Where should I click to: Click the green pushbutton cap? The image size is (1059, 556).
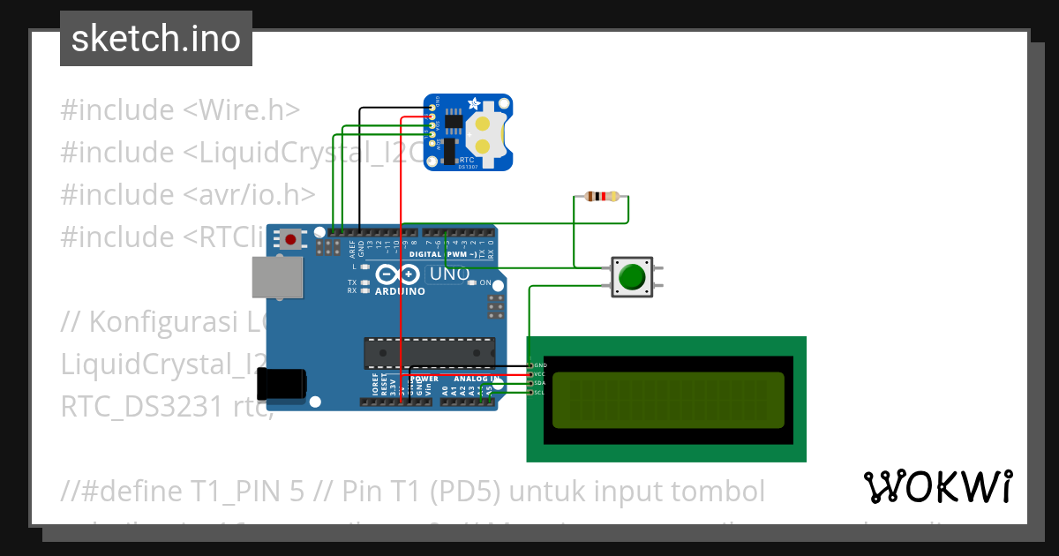coord(632,277)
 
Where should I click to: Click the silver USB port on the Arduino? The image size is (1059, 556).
coord(274,277)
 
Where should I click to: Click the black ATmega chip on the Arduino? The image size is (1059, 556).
coord(424,352)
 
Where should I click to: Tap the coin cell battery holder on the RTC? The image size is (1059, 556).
coord(484,132)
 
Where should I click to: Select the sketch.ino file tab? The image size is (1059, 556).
coord(156,39)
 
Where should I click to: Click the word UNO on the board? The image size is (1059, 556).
coord(449,274)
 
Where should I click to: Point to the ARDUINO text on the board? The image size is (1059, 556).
coord(399,290)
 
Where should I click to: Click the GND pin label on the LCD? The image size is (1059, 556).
coord(540,364)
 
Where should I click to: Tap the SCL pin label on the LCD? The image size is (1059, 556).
coord(540,392)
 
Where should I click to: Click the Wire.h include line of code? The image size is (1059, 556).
coord(180,110)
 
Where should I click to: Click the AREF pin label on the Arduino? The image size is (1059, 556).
coord(351,248)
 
